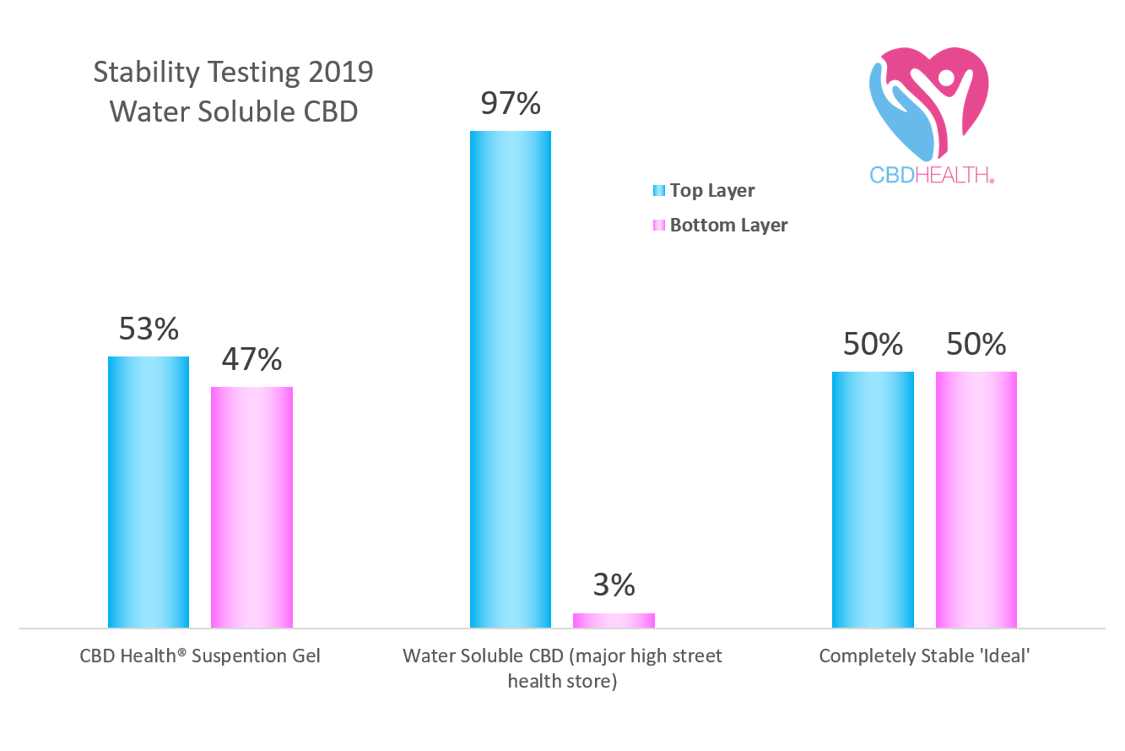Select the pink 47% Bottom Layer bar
tap(252, 508)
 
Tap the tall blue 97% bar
tap(511, 379)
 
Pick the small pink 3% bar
tap(614, 621)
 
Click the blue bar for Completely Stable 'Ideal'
tap(873, 500)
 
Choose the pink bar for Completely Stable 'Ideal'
tap(976, 500)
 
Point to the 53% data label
tap(149, 329)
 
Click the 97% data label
tap(511, 104)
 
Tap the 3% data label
tap(614, 585)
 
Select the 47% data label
tap(252, 360)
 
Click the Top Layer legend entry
tap(711, 191)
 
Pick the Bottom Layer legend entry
tap(728, 226)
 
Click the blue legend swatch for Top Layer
tap(659, 191)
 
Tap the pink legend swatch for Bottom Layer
tap(659, 226)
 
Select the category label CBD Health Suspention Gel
tap(200, 656)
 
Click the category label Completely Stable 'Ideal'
tap(924, 656)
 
